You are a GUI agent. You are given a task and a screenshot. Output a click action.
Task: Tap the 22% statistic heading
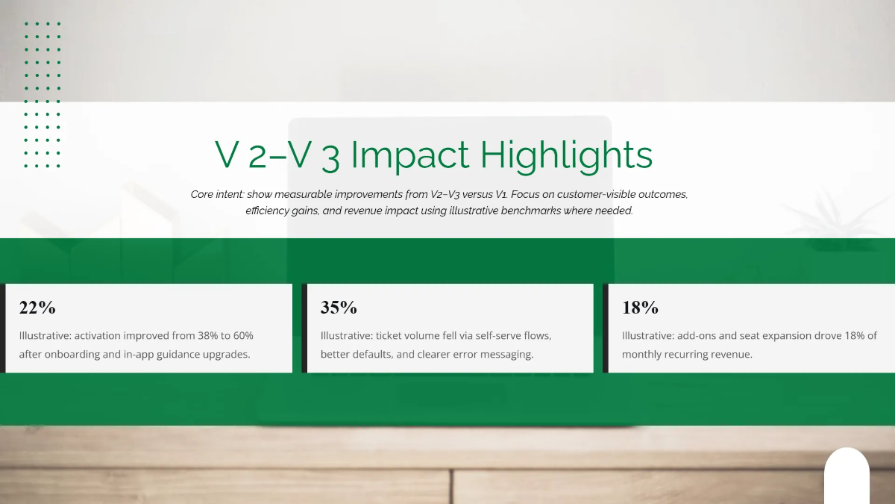37,308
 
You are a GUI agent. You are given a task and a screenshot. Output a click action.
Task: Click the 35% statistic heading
339,308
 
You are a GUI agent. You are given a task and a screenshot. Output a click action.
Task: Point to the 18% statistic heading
640,308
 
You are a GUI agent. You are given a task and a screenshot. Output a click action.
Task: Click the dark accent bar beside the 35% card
304,328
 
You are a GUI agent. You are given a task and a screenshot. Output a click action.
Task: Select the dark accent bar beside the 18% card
606,328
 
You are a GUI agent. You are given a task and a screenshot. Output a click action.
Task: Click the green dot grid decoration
43,95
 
